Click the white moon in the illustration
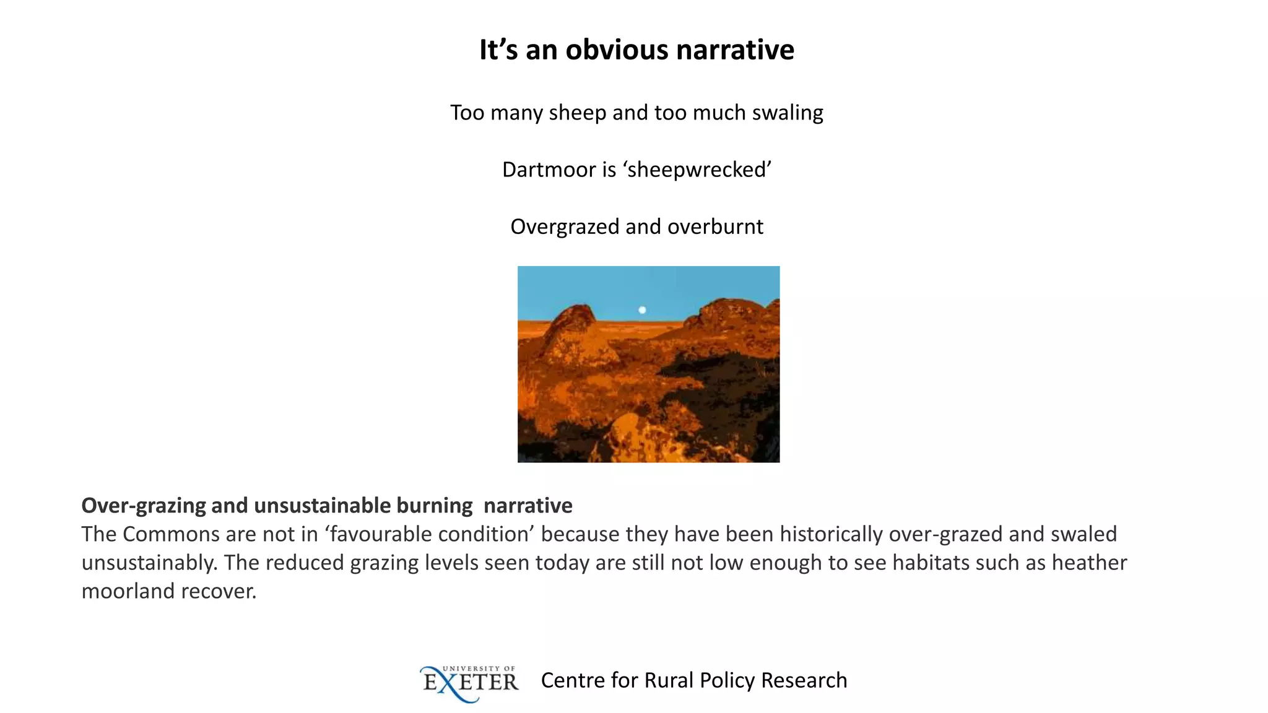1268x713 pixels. pos(642,310)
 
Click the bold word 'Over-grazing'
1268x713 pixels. pos(143,506)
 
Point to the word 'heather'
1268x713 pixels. pos(1089,563)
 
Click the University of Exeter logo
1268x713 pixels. pos(469,683)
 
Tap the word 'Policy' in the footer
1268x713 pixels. pos(727,680)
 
